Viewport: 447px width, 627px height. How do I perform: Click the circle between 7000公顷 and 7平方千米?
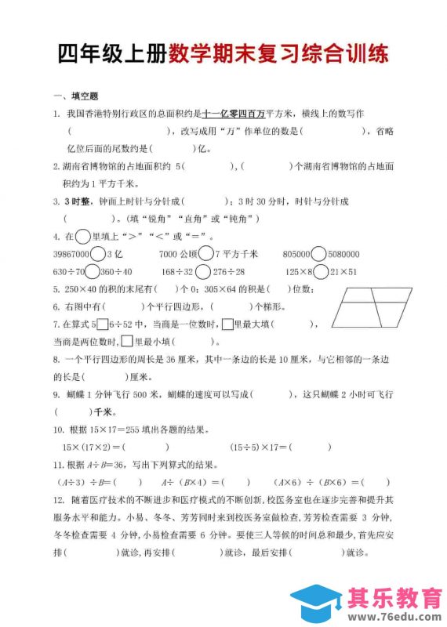pos(205,254)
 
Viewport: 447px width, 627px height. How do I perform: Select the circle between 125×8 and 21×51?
pos(321,271)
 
